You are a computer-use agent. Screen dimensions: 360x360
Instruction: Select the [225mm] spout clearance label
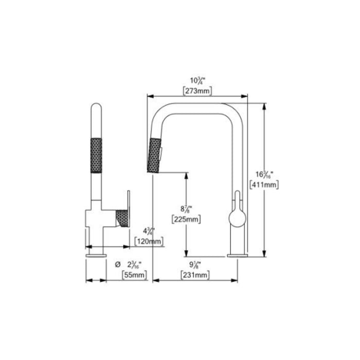point(186,219)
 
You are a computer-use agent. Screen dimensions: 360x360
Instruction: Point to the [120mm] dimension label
point(149,241)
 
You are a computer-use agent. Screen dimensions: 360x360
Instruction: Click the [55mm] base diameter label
point(134,275)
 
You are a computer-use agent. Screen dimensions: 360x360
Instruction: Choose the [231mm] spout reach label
point(195,275)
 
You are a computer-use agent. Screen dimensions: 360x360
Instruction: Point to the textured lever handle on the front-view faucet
point(122,218)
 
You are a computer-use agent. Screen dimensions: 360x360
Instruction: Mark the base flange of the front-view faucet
point(237,255)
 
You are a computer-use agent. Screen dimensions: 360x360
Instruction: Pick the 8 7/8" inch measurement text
point(185,208)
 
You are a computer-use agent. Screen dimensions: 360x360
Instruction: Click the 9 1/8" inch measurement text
point(194,265)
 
